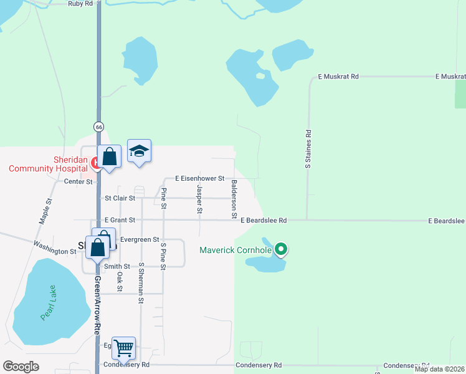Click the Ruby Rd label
click(80, 3)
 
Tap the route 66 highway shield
click(98, 127)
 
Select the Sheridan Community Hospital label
click(47, 164)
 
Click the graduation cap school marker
click(140, 151)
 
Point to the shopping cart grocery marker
click(124, 347)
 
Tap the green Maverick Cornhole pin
click(281, 249)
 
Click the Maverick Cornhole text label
click(235, 251)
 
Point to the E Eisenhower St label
click(199, 178)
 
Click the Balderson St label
click(234, 199)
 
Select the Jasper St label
click(199, 199)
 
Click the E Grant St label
click(120, 220)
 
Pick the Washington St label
click(55, 248)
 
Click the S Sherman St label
click(141, 283)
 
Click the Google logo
click(21, 367)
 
